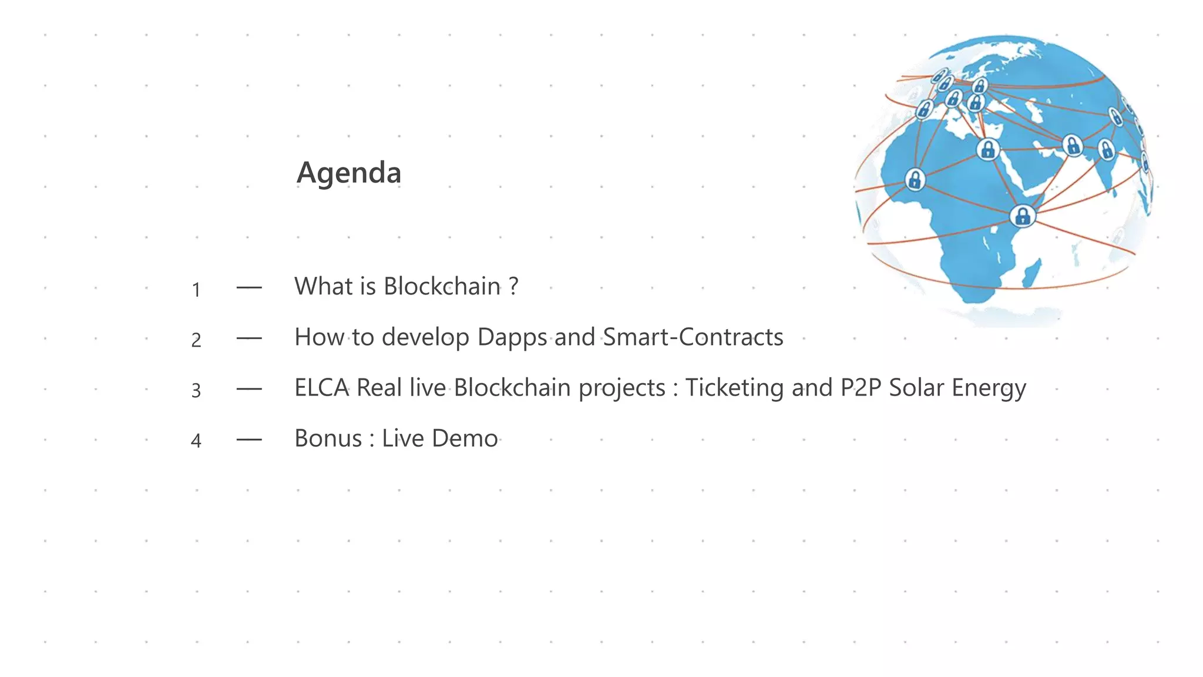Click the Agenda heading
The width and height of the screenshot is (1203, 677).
pos(349,173)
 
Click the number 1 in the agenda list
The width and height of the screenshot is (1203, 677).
pos(196,290)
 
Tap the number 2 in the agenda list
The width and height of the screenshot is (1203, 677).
pos(196,340)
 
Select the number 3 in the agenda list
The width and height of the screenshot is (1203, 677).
pos(196,390)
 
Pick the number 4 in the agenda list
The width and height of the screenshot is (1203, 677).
pos(196,440)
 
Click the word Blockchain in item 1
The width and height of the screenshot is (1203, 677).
pos(442,286)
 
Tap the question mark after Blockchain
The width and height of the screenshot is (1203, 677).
pos(514,286)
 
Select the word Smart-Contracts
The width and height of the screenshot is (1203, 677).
pos(693,337)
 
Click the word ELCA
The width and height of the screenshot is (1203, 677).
pos(322,388)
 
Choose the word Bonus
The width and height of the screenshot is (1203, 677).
pos(328,438)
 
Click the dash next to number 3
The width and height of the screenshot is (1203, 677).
pos(249,389)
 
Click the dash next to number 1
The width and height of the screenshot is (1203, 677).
pos(249,287)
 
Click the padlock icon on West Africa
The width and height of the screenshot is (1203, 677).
pos(915,179)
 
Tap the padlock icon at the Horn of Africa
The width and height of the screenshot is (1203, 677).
pos(1022,216)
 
